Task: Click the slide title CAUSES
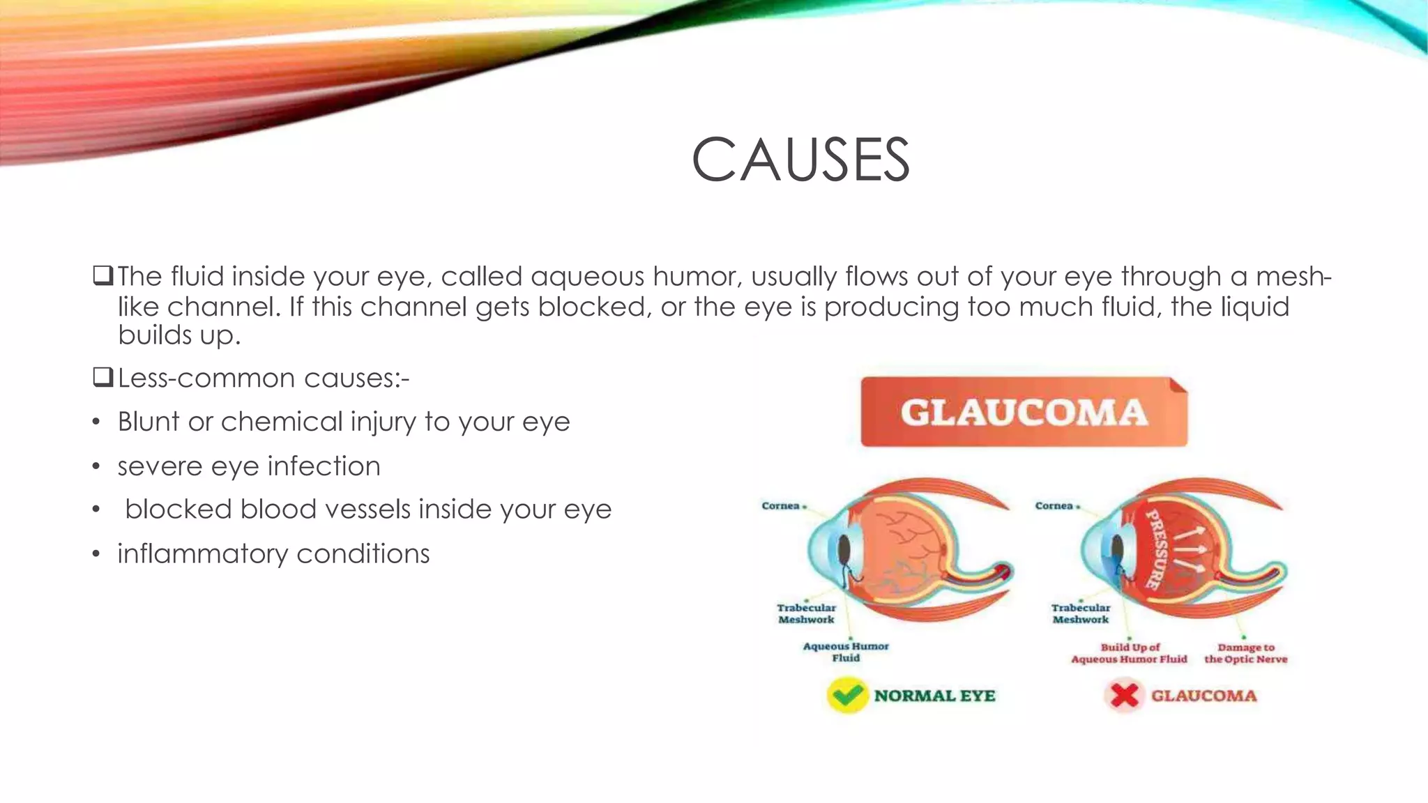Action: point(800,160)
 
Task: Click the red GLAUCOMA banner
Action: point(1024,412)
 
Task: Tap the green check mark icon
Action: point(846,696)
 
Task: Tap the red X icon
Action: point(1124,696)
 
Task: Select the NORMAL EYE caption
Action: point(934,696)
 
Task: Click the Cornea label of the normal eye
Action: point(780,505)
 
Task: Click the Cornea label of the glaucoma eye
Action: point(1054,505)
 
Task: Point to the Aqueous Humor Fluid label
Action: point(846,652)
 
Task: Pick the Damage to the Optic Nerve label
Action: point(1246,653)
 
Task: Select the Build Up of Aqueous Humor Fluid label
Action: point(1129,653)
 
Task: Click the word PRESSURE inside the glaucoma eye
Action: point(1157,549)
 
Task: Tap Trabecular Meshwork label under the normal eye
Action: point(806,613)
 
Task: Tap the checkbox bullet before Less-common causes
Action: point(102,378)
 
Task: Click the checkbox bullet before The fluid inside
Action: point(102,276)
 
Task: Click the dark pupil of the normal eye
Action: point(845,551)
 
